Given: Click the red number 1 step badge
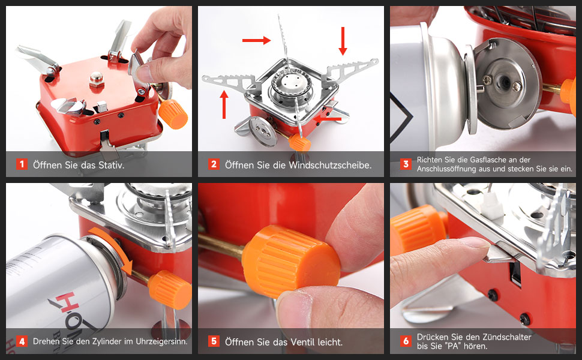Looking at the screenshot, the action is (x=22, y=164).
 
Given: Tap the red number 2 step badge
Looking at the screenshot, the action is (x=214, y=164).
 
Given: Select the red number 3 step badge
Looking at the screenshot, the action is (x=406, y=164).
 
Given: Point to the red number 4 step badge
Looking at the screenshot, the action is (x=22, y=341).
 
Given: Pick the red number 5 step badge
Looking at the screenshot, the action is (x=214, y=341).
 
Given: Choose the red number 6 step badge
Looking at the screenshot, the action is (x=406, y=341).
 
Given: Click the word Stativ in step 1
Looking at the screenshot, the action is (x=111, y=165).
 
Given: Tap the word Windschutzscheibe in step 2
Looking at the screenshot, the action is (x=330, y=165).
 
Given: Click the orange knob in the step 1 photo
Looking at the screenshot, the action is (x=173, y=113).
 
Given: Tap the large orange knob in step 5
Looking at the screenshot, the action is (x=291, y=261).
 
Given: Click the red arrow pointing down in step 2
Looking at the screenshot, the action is (x=343, y=41).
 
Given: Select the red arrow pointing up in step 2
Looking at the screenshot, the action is (x=224, y=104).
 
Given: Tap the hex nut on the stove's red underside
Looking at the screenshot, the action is (x=96, y=79).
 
